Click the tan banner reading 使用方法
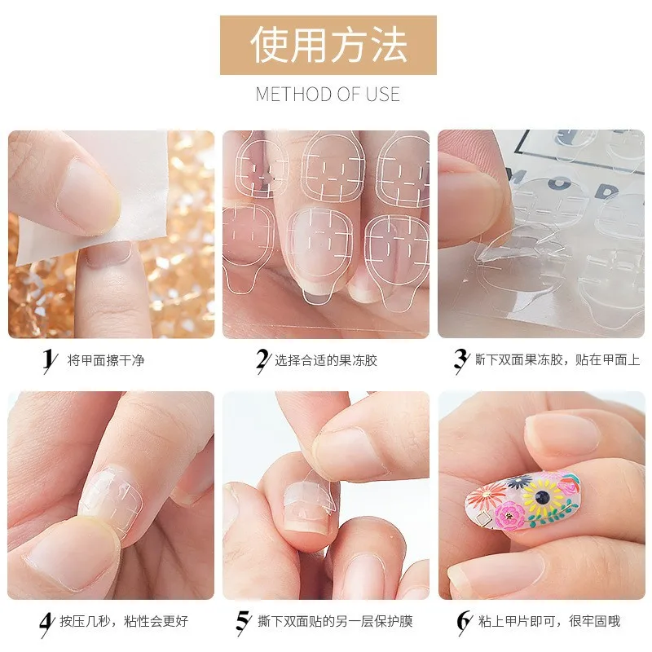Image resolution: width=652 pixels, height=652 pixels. (328, 45)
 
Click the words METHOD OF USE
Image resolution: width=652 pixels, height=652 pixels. (328, 94)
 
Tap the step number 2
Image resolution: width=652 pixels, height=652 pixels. (262, 359)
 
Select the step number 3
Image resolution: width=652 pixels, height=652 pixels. (460, 359)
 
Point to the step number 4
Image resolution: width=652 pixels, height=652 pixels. (46, 622)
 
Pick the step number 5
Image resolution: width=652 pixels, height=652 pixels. (242, 622)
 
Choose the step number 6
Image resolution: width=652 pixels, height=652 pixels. (464, 622)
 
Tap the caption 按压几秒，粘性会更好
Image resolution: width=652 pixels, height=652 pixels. (124, 622)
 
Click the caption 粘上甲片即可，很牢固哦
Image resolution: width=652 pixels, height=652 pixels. (550, 622)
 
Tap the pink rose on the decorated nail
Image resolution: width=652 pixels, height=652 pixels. (513, 514)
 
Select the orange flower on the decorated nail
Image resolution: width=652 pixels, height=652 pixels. (484, 496)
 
